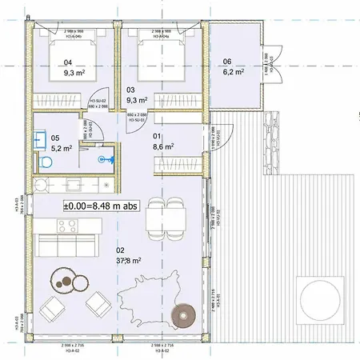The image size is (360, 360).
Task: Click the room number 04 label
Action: [x=68, y=62]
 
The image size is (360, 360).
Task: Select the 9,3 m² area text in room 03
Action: [x=137, y=100]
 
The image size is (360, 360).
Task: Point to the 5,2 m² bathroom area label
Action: [x=62, y=147]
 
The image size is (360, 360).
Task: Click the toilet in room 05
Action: [x=45, y=162]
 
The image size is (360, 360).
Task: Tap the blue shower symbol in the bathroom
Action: [x=101, y=159]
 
